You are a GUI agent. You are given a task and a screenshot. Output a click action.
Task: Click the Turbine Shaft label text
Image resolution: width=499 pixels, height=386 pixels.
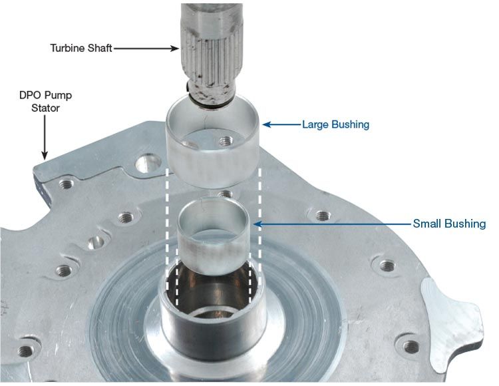81,48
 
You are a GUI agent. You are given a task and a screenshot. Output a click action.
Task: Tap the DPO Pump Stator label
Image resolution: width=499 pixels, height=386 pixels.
45,102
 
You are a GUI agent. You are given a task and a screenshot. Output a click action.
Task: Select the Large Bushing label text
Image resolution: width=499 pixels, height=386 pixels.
336,124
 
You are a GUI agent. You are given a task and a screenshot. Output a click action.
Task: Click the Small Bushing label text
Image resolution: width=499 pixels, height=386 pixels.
449,224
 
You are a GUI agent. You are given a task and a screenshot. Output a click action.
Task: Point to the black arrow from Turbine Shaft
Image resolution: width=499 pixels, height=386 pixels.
146,49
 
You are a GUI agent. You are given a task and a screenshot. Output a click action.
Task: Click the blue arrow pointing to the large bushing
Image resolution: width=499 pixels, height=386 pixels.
281,124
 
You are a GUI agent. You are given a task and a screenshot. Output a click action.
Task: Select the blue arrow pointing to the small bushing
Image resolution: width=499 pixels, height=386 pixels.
333,224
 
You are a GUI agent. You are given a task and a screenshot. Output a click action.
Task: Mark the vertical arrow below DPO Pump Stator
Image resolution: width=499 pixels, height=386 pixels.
45,138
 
